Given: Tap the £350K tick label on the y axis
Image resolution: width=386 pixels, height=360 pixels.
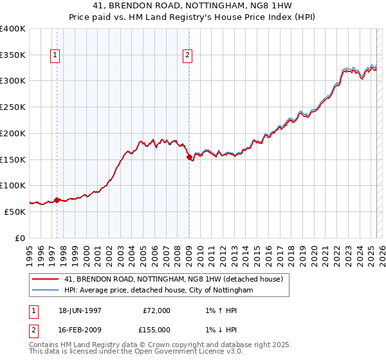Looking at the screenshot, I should point(13,55).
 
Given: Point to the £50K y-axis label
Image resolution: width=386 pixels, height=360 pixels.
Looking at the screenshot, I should point(15,212).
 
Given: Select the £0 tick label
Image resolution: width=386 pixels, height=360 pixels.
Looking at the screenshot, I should point(21,238).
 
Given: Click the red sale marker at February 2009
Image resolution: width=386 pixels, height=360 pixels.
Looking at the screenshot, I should point(189,157).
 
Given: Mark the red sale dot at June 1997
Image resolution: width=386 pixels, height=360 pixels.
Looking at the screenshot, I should point(57,200).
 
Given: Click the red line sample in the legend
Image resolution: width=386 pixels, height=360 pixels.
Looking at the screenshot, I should point(45,280).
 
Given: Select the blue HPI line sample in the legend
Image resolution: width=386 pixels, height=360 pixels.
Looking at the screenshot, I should point(45,291).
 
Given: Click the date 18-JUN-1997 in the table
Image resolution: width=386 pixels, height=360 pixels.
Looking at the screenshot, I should point(80,310).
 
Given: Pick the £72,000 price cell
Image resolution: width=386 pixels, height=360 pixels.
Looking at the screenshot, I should point(156,310).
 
